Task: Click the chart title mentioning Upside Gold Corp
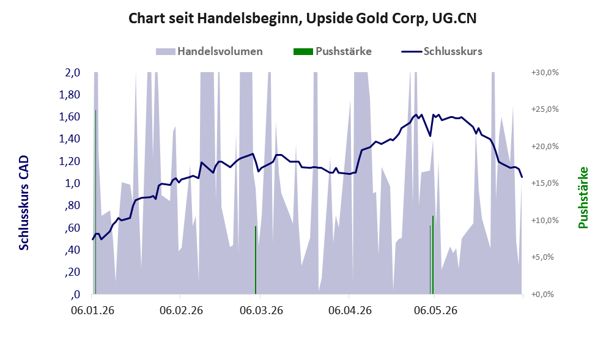click(x=302, y=18)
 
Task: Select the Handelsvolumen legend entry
click(x=209, y=51)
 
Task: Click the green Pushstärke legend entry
click(x=333, y=51)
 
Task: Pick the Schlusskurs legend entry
click(x=442, y=51)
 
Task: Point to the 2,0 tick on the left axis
click(x=72, y=73)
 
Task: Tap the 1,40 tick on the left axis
click(x=69, y=139)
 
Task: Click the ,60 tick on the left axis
click(x=72, y=228)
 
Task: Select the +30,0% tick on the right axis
click(x=545, y=73)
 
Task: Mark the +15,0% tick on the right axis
click(x=545, y=183)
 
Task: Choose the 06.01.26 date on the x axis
click(x=93, y=310)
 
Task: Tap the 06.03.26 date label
click(x=261, y=310)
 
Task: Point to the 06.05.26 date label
click(x=435, y=310)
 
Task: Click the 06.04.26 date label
click(x=350, y=310)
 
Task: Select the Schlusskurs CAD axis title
click(x=24, y=203)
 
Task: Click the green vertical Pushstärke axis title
click(x=583, y=198)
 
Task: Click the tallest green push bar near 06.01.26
click(x=95, y=202)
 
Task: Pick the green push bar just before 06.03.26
click(x=256, y=260)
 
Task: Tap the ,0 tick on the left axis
click(x=75, y=295)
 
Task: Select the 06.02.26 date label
click(x=181, y=310)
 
